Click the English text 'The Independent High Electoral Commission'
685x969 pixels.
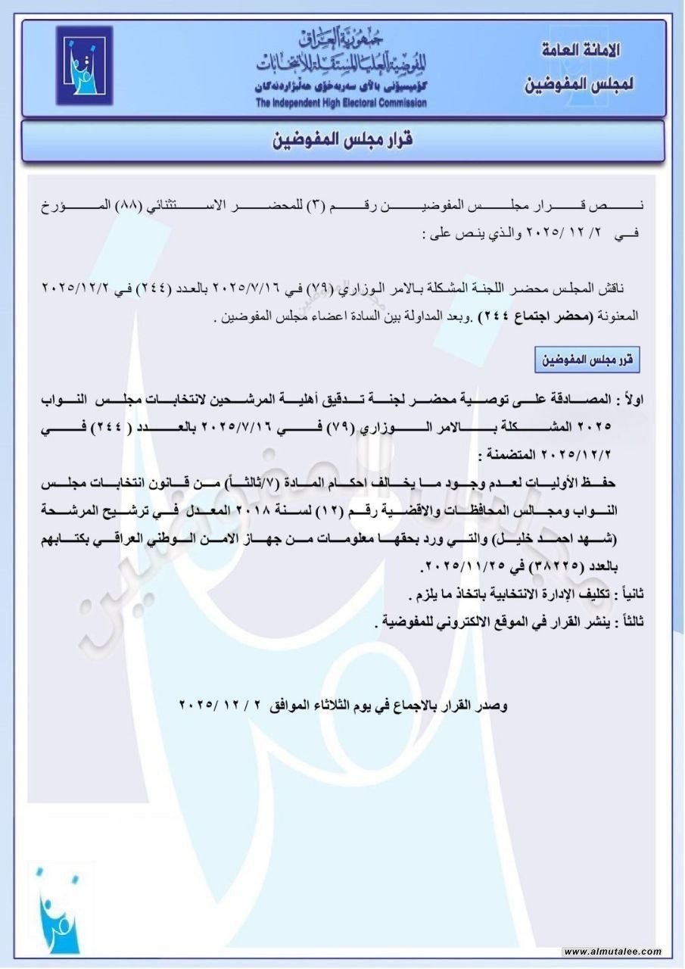coord(341,103)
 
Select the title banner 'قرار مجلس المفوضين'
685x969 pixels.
coord(342,141)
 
